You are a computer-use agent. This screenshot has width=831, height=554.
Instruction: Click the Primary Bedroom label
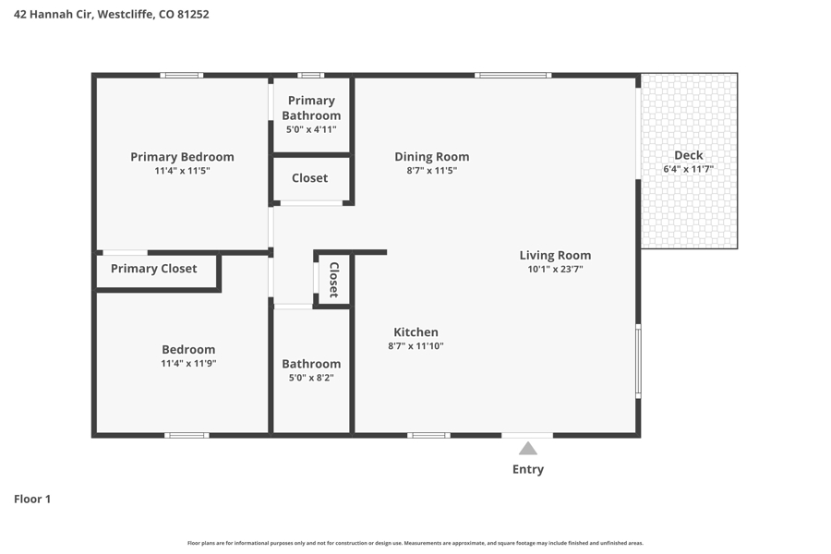click(182, 157)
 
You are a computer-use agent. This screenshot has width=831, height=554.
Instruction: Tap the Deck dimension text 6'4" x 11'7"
click(689, 169)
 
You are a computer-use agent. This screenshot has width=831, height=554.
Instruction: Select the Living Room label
click(555, 255)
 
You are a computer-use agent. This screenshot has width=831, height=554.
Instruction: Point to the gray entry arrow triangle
click(528, 449)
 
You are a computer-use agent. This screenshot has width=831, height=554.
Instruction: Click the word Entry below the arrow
click(528, 469)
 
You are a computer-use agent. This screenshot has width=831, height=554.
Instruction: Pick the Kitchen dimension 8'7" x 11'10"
click(416, 346)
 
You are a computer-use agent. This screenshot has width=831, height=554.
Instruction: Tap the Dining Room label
click(432, 157)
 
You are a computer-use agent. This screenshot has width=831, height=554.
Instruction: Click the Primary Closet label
click(153, 269)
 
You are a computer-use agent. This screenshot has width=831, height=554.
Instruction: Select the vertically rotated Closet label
click(334, 280)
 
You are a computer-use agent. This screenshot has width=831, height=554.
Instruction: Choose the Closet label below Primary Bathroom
click(310, 178)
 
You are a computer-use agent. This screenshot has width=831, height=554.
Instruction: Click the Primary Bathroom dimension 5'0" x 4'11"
click(311, 129)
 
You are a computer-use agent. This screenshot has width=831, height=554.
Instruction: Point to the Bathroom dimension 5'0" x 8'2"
click(311, 378)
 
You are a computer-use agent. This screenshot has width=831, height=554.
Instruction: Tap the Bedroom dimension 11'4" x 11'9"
click(188, 364)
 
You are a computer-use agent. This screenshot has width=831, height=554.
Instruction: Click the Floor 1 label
click(32, 499)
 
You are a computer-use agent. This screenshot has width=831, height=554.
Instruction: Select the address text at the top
click(112, 15)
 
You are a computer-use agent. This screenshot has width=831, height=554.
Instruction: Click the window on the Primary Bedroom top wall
click(182, 76)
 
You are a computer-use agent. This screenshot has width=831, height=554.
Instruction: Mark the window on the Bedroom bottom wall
click(187, 435)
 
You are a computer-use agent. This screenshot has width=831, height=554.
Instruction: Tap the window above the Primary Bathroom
click(310, 76)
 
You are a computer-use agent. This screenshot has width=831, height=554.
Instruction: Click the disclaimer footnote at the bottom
click(415, 543)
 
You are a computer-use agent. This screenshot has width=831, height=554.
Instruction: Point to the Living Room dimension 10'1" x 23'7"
click(556, 270)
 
